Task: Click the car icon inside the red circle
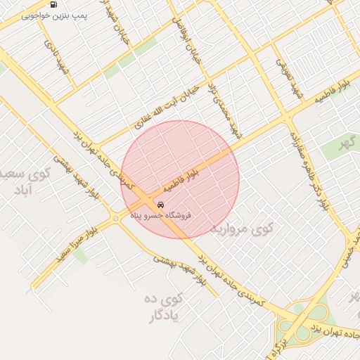161,205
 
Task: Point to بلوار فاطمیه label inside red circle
181,181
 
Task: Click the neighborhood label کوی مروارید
252,228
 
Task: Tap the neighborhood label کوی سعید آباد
28,181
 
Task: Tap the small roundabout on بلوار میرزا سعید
115,218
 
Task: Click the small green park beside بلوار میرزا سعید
79,256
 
